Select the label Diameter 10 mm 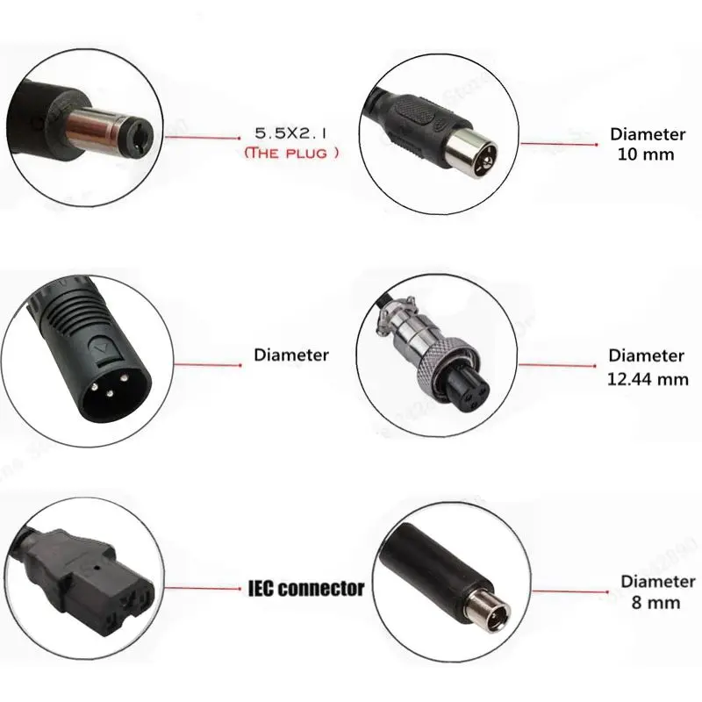(x=647, y=145)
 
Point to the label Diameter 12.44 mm (x=647, y=368)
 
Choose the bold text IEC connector (x=305, y=588)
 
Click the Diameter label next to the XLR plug (x=291, y=355)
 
